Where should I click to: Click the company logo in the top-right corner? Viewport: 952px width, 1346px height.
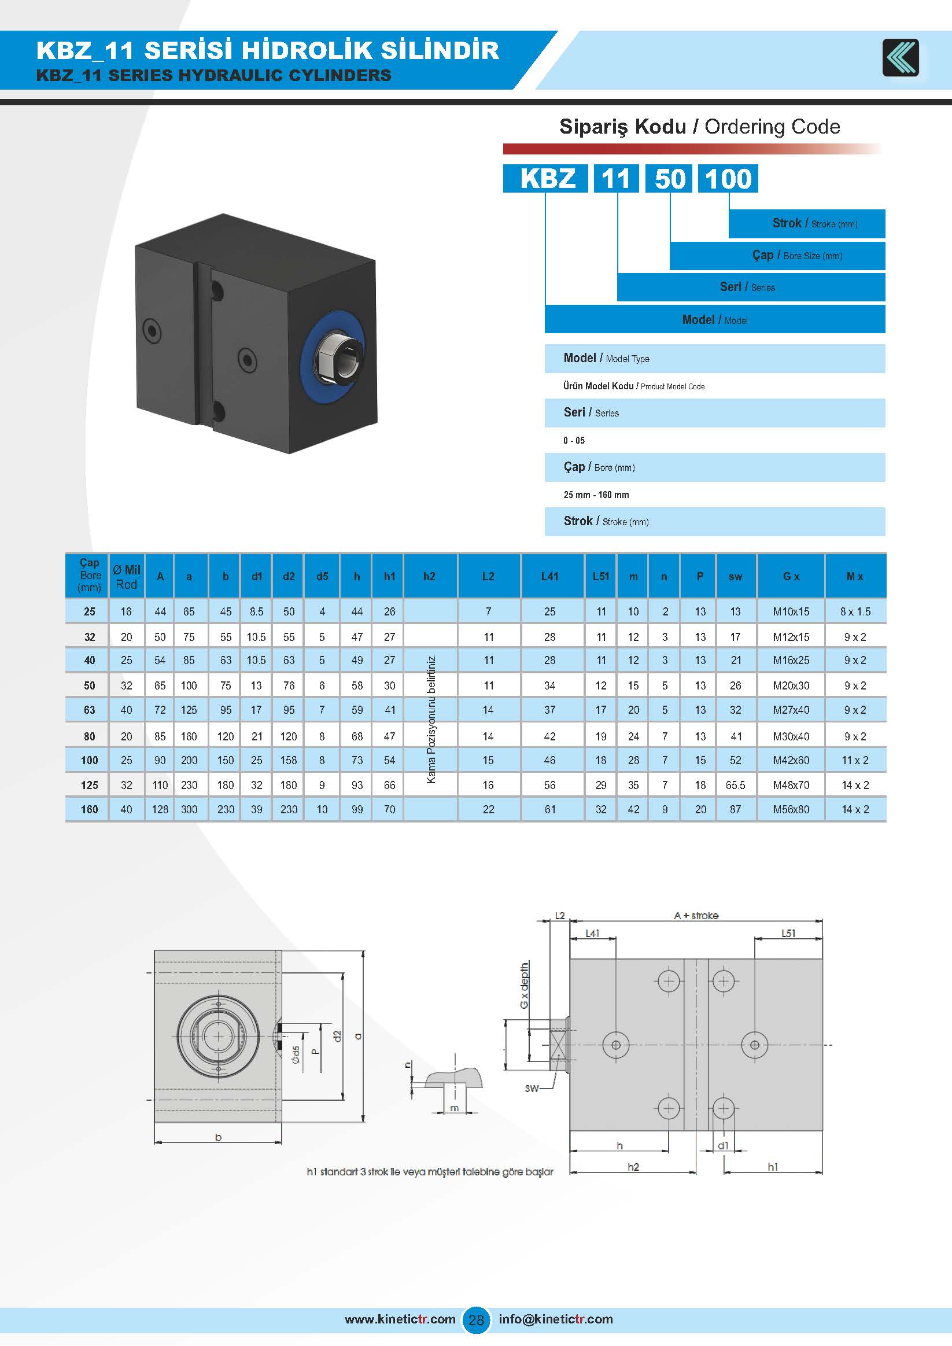coord(901,57)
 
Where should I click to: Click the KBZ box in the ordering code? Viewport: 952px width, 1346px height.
coord(545,178)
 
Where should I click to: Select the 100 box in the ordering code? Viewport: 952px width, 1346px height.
coord(728,178)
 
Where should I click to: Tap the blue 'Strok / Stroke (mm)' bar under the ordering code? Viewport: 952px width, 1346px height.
coord(807,223)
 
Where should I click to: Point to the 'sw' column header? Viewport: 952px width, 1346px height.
coord(735,576)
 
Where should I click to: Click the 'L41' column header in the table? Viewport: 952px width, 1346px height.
coord(550,576)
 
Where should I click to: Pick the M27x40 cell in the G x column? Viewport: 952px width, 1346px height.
coord(791,710)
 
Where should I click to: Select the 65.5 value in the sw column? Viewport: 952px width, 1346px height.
coord(735,785)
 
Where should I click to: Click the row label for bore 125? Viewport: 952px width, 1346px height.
coord(89,785)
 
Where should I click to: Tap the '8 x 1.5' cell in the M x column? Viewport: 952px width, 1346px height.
coord(855,611)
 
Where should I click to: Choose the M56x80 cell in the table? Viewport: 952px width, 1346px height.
coord(791,810)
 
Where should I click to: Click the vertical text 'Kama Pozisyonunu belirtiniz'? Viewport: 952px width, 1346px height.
coord(431,720)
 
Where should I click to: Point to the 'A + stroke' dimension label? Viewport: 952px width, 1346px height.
coord(696,915)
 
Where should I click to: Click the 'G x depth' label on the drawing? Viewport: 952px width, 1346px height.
coord(524,985)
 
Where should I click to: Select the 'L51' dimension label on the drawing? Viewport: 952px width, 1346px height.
coord(788,932)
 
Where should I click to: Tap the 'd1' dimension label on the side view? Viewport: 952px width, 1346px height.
coord(724,1145)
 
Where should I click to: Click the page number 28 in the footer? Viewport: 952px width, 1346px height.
coord(476,1319)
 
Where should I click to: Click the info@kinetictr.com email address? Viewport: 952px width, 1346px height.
coord(556,1319)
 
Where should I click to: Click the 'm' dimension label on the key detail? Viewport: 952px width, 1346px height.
coord(454,1108)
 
